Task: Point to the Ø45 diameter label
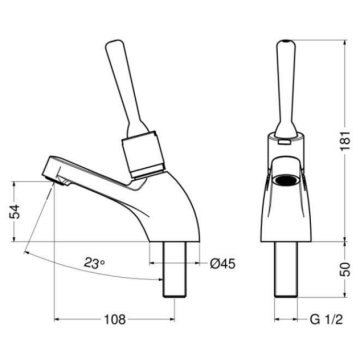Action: (224, 264)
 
